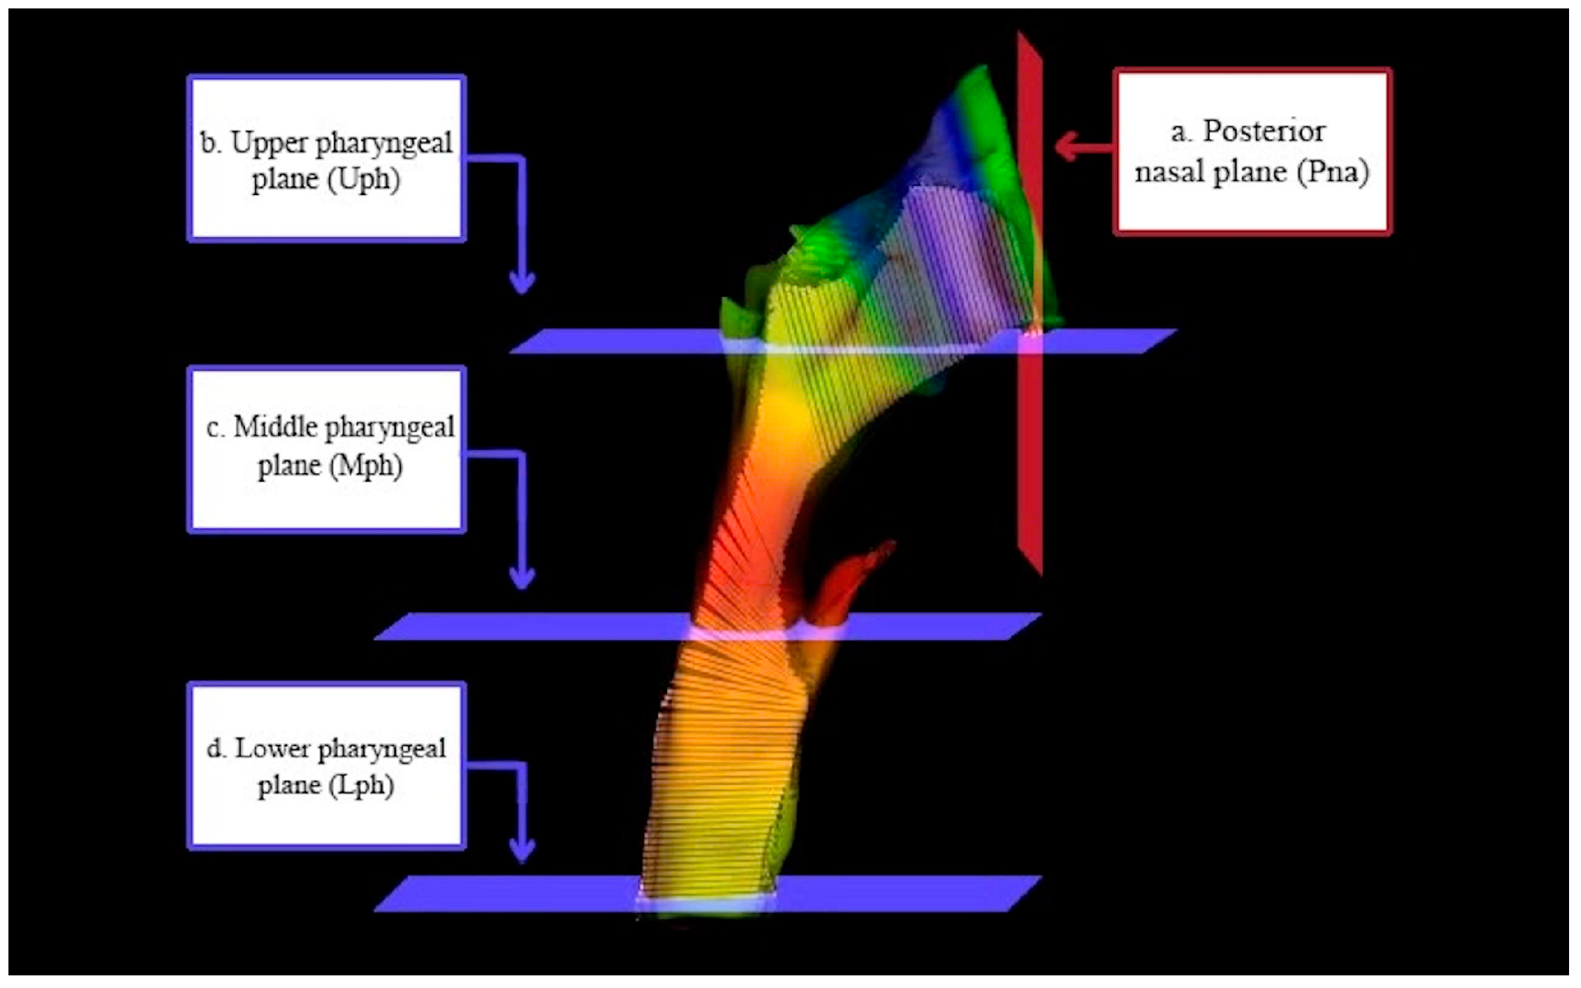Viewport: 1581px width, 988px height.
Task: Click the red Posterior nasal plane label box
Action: coord(1252,152)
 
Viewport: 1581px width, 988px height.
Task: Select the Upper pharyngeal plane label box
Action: coord(326,159)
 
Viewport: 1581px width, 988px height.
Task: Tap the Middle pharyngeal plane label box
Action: coord(326,449)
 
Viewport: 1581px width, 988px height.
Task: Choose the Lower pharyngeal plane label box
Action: coord(326,766)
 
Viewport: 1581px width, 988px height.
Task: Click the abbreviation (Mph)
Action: coord(365,466)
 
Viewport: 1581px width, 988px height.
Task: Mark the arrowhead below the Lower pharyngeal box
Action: coord(521,850)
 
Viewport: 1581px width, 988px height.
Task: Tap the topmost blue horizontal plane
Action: coord(618,341)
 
